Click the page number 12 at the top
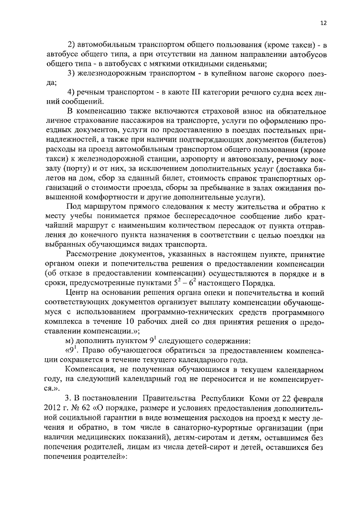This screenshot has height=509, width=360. (323, 23)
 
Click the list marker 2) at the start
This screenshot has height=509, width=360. (72, 44)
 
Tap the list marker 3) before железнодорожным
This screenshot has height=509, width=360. (72, 73)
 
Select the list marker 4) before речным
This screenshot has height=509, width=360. (72, 92)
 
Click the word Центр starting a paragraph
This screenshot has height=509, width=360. (78, 293)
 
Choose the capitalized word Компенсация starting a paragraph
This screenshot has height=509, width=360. (90, 370)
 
